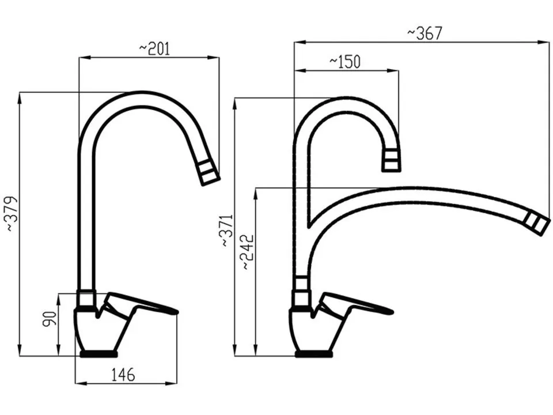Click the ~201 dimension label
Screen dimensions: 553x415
point(154,48)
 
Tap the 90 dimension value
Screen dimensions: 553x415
point(50,319)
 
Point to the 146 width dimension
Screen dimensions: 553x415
point(123,375)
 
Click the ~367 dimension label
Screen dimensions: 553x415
point(425,33)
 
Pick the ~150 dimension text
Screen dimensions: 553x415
point(345,62)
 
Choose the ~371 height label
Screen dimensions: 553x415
point(228,230)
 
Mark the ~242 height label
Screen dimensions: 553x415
point(248,252)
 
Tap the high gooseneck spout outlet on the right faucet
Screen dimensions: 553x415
point(392,161)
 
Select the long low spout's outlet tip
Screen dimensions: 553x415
point(537,222)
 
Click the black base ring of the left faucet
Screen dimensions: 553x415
point(99,353)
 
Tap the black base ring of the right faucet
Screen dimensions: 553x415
point(313,353)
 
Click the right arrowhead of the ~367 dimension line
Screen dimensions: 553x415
point(544,42)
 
